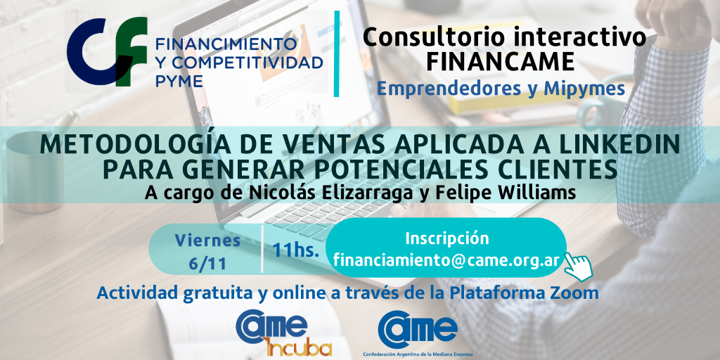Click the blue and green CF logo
(x=107, y=51)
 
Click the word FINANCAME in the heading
(x=501, y=62)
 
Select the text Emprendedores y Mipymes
(x=501, y=89)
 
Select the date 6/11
(x=207, y=264)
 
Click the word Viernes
(x=208, y=240)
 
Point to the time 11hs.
(x=296, y=251)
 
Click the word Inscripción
(x=446, y=239)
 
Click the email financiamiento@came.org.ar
(x=446, y=260)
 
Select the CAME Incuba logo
(x=284, y=333)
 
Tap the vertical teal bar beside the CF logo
(x=337, y=53)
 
